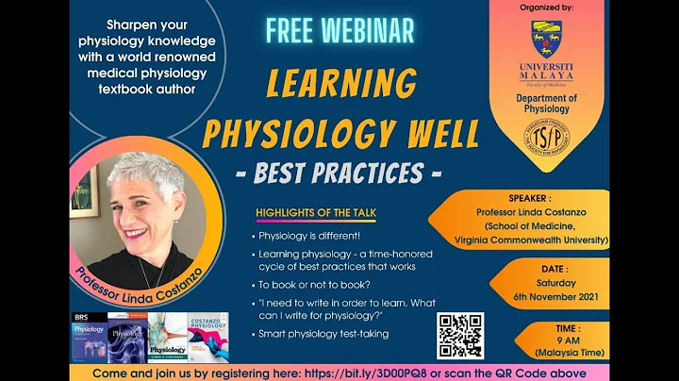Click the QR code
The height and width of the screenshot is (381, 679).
pos(460,335)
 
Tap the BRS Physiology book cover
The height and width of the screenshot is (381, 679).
pos(90,338)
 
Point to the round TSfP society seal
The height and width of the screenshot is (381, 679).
pos(547,137)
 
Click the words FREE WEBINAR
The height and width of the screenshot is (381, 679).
pos(339,30)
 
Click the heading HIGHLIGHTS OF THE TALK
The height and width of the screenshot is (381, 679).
pos(316,213)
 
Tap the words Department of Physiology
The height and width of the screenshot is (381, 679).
pos(547,103)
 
